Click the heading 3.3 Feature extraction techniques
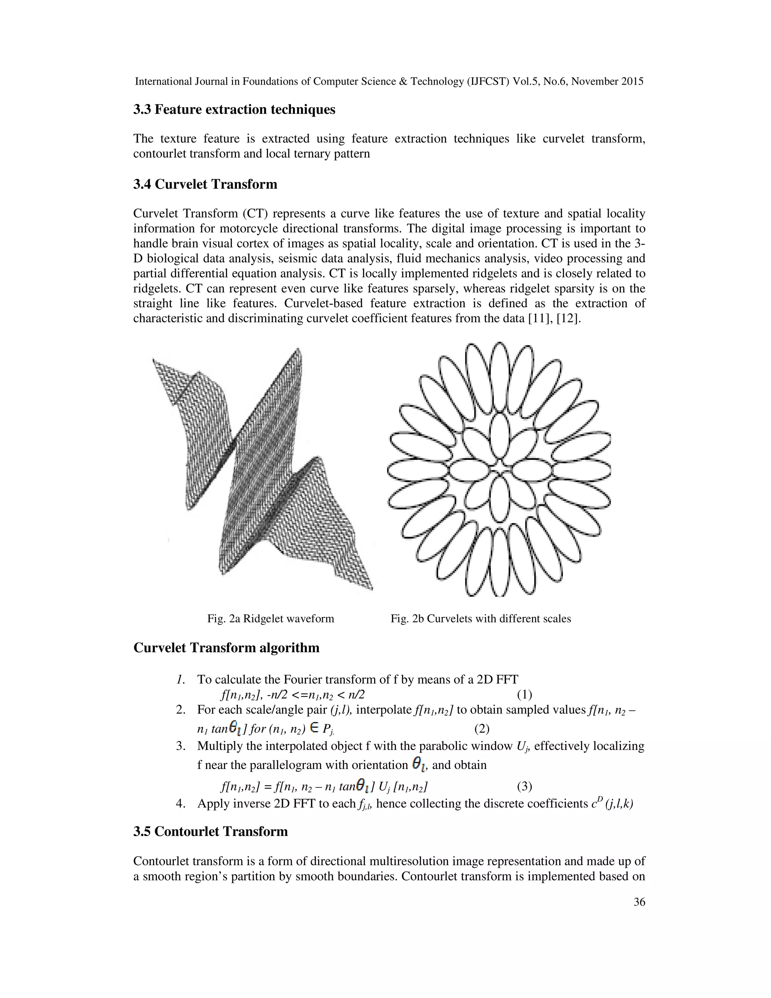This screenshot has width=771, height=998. coord(234,110)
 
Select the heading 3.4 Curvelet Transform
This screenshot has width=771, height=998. coord(205,185)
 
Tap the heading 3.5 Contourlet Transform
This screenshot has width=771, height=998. coord(210,831)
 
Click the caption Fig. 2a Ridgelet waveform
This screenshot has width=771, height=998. coord(270,619)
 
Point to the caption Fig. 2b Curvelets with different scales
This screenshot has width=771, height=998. coord(480,619)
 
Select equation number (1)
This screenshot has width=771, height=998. coord(524,695)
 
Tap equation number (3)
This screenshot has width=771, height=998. coord(524,786)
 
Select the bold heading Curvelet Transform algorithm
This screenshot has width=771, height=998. coord(226,648)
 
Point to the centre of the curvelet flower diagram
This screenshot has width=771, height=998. coord(499,470)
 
